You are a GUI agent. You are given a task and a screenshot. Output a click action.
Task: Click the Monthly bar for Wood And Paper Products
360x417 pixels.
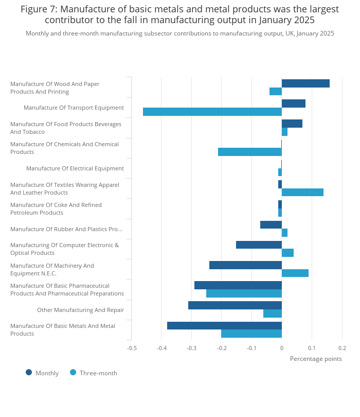coord(305,83)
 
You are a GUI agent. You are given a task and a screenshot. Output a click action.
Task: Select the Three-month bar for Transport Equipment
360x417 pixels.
coord(212,112)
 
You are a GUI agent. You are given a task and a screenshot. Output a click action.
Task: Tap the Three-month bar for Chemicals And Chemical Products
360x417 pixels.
coord(250,152)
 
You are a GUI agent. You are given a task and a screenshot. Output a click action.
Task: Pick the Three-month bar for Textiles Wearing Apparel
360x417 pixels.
coord(302,192)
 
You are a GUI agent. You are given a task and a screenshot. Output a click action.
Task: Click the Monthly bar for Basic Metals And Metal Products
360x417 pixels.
coord(225,326)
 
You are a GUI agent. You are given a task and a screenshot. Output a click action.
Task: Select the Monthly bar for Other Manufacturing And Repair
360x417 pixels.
coord(235,305)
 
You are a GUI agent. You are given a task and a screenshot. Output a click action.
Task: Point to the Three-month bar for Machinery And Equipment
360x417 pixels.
coord(295,273)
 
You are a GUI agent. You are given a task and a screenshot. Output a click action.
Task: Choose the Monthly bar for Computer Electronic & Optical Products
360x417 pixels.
coord(259,245)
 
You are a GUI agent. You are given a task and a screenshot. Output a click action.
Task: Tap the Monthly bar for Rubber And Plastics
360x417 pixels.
coord(271,225)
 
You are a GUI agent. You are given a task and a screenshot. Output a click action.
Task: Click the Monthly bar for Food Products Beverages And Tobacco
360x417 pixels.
coord(292,124)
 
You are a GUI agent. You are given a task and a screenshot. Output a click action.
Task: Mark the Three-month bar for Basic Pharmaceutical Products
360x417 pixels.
coord(244,293)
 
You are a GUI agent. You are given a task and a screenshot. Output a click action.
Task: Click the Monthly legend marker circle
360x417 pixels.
coord(29,372)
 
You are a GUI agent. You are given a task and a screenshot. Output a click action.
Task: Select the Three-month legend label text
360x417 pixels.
coord(98,373)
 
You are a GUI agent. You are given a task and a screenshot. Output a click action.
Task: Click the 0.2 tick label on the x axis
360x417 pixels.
coord(342,348)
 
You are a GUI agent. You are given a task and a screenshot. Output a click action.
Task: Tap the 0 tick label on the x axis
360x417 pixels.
coord(282,348)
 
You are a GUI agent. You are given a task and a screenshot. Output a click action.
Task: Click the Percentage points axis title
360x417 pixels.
coord(316,359)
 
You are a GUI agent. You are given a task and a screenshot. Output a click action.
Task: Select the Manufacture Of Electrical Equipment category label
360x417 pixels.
coord(75,168)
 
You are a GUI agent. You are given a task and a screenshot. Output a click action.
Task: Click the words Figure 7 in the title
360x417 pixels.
coord(39,9)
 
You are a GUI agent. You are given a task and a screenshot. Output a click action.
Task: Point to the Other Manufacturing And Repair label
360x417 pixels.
coord(81,310)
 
